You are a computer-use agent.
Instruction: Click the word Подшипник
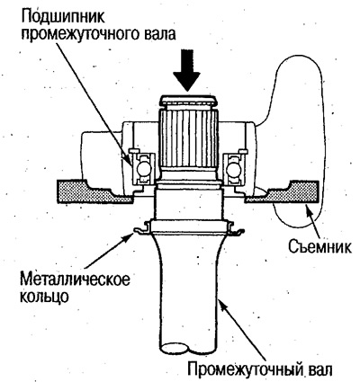tap(63, 18)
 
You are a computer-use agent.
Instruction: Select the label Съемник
tap(319, 247)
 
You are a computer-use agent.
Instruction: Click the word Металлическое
tap(76, 280)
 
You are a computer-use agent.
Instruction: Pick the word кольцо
tap(44, 296)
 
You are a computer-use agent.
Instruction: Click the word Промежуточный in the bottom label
tap(245, 369)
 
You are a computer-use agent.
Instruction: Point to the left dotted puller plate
tap(94, 192)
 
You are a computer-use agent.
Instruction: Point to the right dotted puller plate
tap(282, 192)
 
